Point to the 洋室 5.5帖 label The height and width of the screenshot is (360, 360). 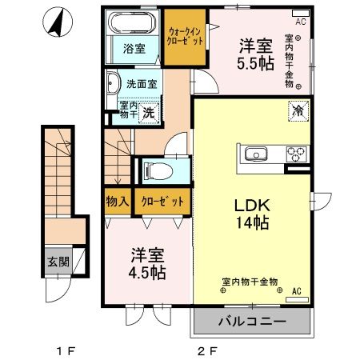(x=256, y=54)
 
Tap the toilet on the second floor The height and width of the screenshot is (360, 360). (x=157, y=170)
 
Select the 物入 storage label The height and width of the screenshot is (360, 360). (x=117, y=202)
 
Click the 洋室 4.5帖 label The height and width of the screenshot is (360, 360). (x=149, y=265)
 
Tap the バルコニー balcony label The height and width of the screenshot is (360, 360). (x=250, y=323)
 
